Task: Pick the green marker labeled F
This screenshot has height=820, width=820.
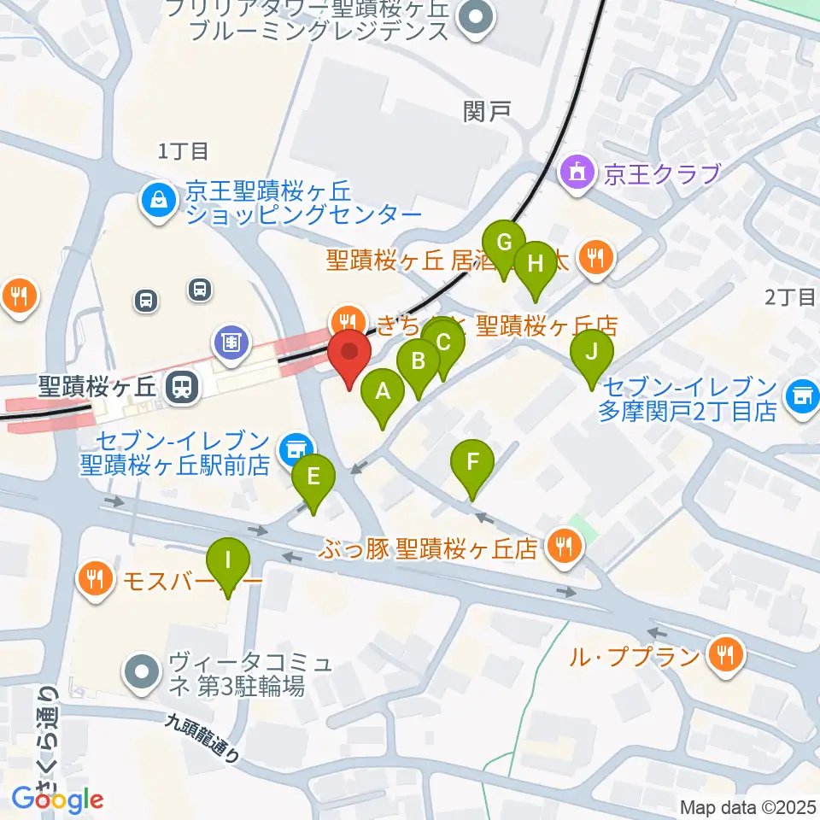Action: (472, 465)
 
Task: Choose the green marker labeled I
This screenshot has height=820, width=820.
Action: (228, 562)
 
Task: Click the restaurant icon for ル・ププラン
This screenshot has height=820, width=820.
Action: (724, 656)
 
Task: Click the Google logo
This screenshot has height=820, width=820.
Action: (57, 799)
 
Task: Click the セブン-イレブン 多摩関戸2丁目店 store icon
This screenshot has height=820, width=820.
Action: (801, 394)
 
